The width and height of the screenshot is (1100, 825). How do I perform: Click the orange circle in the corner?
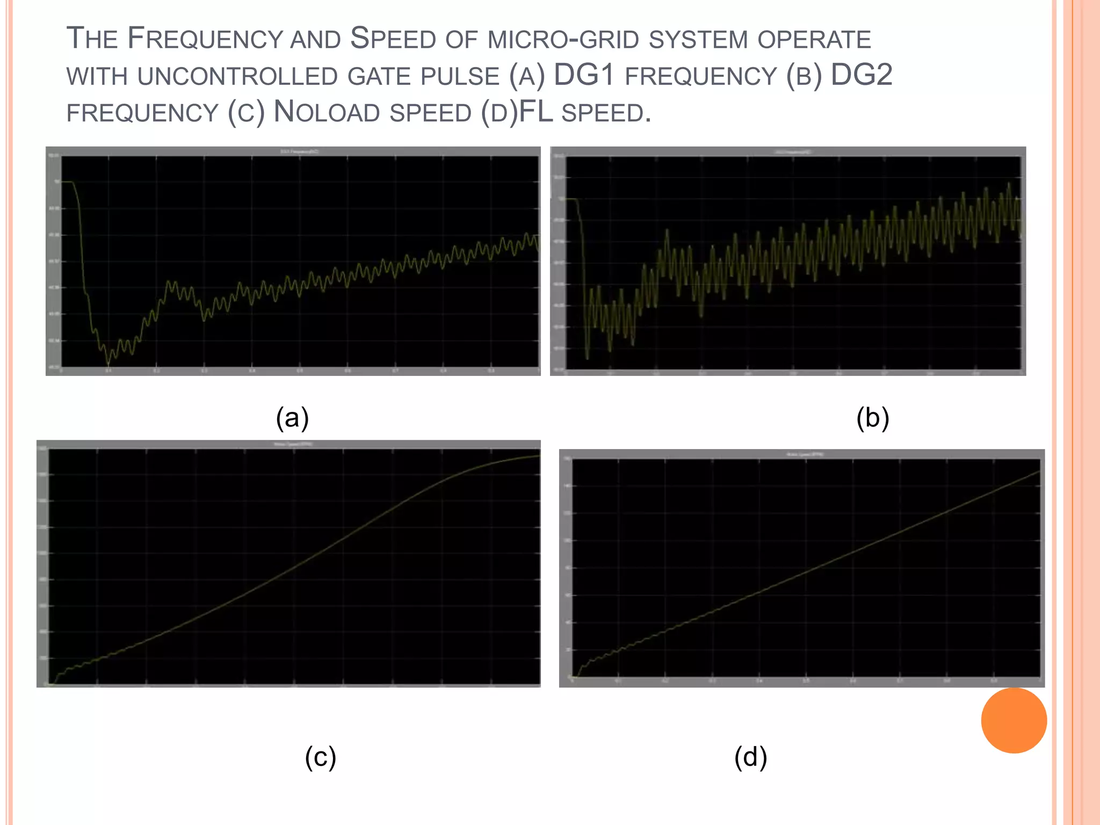1014,720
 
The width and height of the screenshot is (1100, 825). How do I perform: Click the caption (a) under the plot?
292,418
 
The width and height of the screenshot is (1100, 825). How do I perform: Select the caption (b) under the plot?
873,418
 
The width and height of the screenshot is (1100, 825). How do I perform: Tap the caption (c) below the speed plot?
321,757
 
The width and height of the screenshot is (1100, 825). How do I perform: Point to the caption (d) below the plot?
750,757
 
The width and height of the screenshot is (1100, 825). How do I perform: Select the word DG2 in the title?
862,75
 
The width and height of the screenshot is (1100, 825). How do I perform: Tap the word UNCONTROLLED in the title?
237,77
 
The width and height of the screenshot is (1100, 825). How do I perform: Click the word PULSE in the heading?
460,77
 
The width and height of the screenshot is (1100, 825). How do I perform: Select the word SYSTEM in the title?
698,40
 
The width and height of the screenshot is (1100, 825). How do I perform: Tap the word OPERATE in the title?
814,40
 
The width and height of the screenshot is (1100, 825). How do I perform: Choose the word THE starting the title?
92,39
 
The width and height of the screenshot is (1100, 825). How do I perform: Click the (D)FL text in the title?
517,112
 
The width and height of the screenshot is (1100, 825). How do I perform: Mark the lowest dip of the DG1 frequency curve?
108,363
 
